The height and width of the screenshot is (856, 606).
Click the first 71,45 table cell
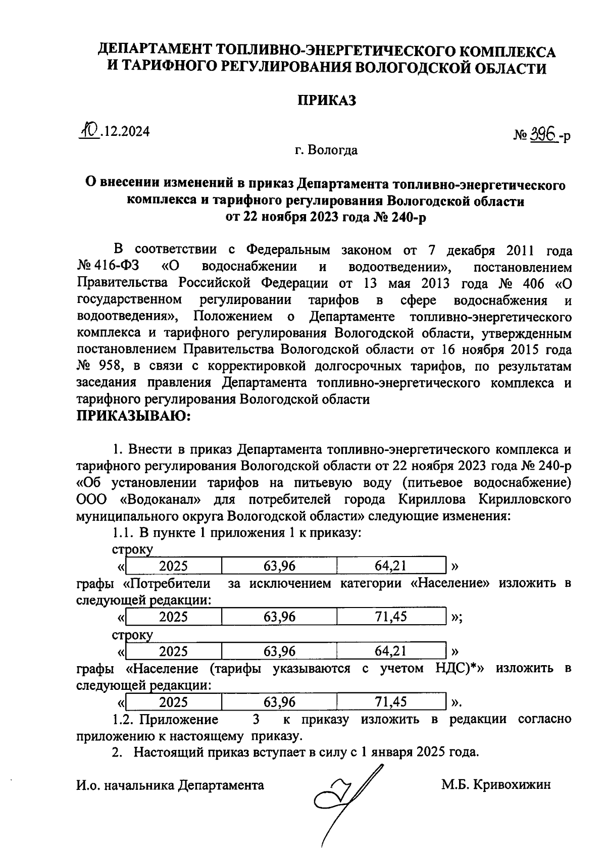pos(391,616)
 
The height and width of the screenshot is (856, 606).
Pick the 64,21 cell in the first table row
pos(391,566)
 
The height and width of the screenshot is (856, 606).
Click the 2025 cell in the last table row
pos(173,702)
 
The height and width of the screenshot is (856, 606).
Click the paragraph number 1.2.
pos(122,719)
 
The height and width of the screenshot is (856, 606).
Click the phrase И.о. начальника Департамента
pos(170,785)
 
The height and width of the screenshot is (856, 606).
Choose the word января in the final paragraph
pos(390,751)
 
